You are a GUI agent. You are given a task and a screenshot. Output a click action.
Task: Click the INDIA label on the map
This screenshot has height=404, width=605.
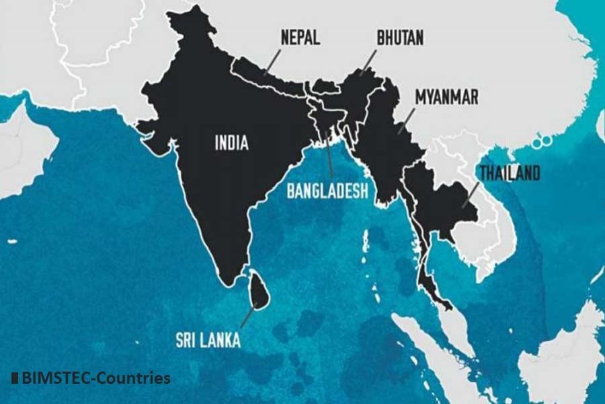(x=231, y=143)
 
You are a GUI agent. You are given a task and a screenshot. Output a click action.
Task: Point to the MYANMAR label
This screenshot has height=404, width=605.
(x=446, y=97)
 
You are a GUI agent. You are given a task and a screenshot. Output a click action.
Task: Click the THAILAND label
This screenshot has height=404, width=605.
(x=509, y=174)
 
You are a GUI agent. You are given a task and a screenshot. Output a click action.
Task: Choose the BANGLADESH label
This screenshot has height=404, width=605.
(x=327, y=191)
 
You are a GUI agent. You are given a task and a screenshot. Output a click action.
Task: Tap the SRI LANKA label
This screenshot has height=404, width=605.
(x=208, y=341)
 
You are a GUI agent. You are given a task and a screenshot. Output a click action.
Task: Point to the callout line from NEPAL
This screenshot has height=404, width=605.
(x=272, y=62)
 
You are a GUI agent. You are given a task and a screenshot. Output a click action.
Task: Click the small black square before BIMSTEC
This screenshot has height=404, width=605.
(x=15, y=378)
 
